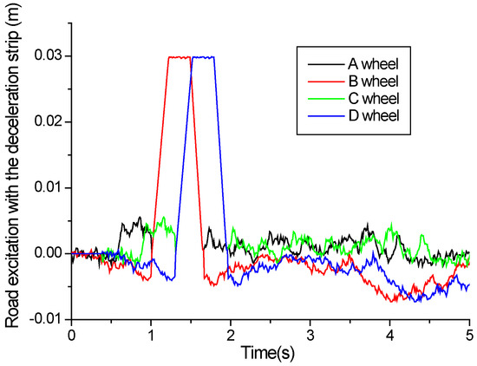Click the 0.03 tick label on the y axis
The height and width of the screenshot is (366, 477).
coord(49,56)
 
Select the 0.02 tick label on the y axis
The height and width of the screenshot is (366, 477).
coord(49,122)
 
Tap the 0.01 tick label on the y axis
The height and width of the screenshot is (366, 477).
coord(49,187)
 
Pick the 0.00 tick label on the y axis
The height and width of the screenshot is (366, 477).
coord(49,253)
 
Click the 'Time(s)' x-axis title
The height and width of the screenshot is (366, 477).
coord(270,353)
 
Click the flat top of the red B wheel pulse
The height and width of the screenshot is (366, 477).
coord(179,57)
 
